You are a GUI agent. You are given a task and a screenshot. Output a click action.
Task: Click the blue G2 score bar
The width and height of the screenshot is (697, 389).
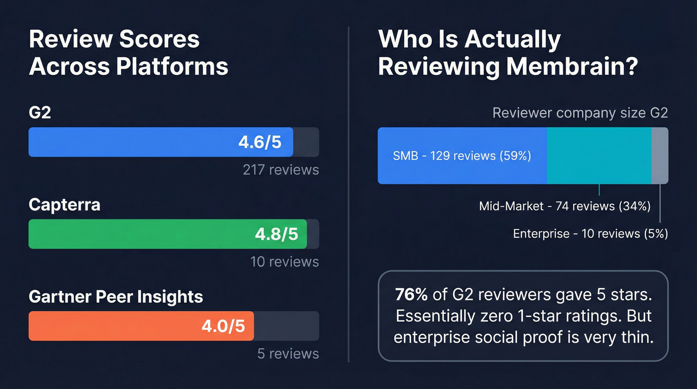[160, 142]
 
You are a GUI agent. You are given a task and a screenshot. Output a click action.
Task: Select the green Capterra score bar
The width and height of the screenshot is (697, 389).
[167, 234]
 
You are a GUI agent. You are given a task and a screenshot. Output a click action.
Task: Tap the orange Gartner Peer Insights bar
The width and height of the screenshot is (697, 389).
[141, 326]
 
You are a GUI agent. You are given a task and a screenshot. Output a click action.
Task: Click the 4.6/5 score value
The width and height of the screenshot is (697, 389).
[259, 142]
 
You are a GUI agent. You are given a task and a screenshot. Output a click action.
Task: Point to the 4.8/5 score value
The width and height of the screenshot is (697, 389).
[276, 234]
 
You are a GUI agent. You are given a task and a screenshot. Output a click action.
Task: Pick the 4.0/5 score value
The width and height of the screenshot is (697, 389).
[223, 326]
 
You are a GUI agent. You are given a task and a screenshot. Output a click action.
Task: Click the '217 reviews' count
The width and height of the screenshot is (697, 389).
[281, 170]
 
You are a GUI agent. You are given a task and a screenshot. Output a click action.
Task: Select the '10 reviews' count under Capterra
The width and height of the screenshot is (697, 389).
[285, 261]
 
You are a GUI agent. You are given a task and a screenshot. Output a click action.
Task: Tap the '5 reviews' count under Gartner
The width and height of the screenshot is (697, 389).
[288, 354]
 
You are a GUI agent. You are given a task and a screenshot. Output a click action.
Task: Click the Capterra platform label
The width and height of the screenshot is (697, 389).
[64, 205]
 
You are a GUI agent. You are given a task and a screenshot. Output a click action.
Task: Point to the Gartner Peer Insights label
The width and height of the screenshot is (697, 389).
[116, 297]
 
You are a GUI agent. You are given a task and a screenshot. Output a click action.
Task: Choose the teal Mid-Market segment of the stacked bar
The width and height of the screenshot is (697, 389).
[599, 156]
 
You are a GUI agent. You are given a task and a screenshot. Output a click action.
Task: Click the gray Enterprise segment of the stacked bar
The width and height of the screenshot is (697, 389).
[660, 156]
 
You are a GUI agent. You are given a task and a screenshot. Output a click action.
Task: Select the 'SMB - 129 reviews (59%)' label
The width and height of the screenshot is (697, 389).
[462, 156]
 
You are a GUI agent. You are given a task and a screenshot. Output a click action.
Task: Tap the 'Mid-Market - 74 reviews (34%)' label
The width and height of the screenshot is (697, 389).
[565, 206]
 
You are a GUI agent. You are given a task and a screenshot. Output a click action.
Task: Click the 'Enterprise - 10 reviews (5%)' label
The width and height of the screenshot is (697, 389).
[590, 233]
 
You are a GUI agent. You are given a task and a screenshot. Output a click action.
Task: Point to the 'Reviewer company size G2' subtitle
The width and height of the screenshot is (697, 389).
[580, 113]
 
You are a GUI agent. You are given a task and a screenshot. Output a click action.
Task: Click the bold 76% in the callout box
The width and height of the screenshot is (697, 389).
[411, 295]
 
